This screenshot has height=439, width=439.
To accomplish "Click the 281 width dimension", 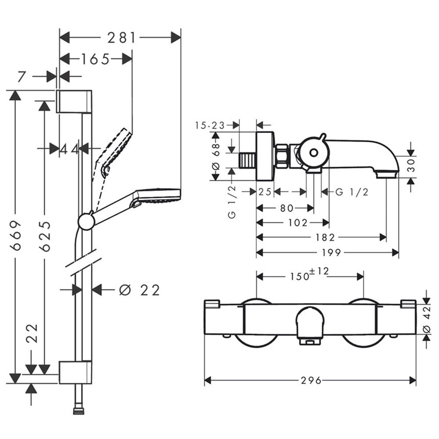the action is click(x=122, y=38).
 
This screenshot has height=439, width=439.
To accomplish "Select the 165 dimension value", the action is click(x=95, y=59).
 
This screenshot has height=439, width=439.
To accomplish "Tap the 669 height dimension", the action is click(x=15, y=235).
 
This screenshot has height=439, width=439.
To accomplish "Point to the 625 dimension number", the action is click(x=45, y=237).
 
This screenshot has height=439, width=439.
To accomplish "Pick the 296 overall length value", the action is click(x=311, y=381).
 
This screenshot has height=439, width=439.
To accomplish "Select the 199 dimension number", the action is click(x=331, y=253).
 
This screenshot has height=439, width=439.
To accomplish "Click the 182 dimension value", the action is click(x=325, y=237).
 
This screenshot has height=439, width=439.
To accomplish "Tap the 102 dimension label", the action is click(x=298, y=223).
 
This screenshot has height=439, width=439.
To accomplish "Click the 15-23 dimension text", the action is click(x=210, y=126).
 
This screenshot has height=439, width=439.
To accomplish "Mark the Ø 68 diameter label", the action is click(x=216, y=157).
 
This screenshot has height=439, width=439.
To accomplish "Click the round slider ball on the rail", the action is click(x=86, y=221).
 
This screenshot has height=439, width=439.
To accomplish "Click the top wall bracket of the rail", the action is click(x=74, y=102).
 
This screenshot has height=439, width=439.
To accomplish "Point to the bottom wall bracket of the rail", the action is click(x=76, y=372).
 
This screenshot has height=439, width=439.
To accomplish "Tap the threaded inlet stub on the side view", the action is click(x=248, y=160).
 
